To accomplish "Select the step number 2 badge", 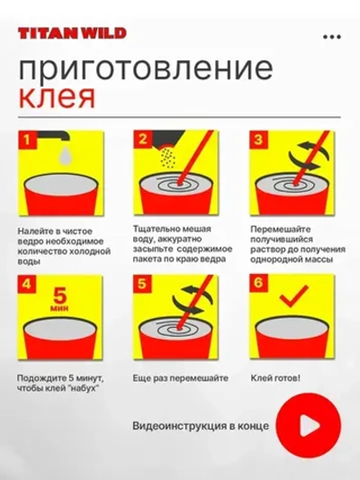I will point(143,139).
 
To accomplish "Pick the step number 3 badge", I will point(259,139).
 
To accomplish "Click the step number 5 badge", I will point(143,286).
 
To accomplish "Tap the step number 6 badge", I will point(259,286).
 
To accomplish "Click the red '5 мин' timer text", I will point(61,299).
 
